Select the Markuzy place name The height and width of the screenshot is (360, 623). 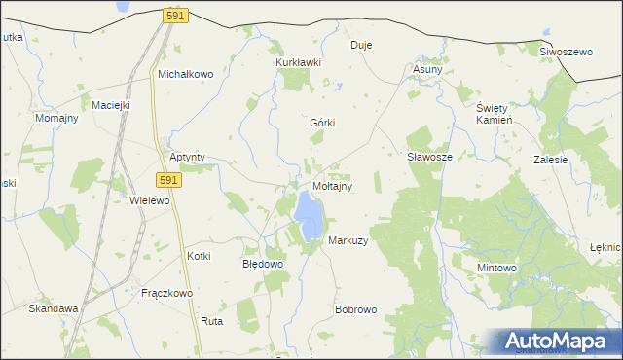tap(348, 240)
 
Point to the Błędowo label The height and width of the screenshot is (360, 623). tap(262, 264)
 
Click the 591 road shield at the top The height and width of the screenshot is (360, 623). tap(176, 17)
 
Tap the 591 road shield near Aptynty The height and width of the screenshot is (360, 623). tap(168, 180)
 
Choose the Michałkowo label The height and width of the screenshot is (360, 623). tap(185, 74)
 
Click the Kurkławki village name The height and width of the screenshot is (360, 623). tap(298, 61)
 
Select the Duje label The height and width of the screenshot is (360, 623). tap(361, 45)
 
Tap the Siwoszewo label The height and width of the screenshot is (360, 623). tap(566, 52)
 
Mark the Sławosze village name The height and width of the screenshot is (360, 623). tap(428, 156)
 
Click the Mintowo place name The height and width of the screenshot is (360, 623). tap(496, 267)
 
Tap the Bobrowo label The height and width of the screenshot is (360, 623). tap(355, 310)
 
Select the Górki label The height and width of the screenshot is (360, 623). tap(322, 124)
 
